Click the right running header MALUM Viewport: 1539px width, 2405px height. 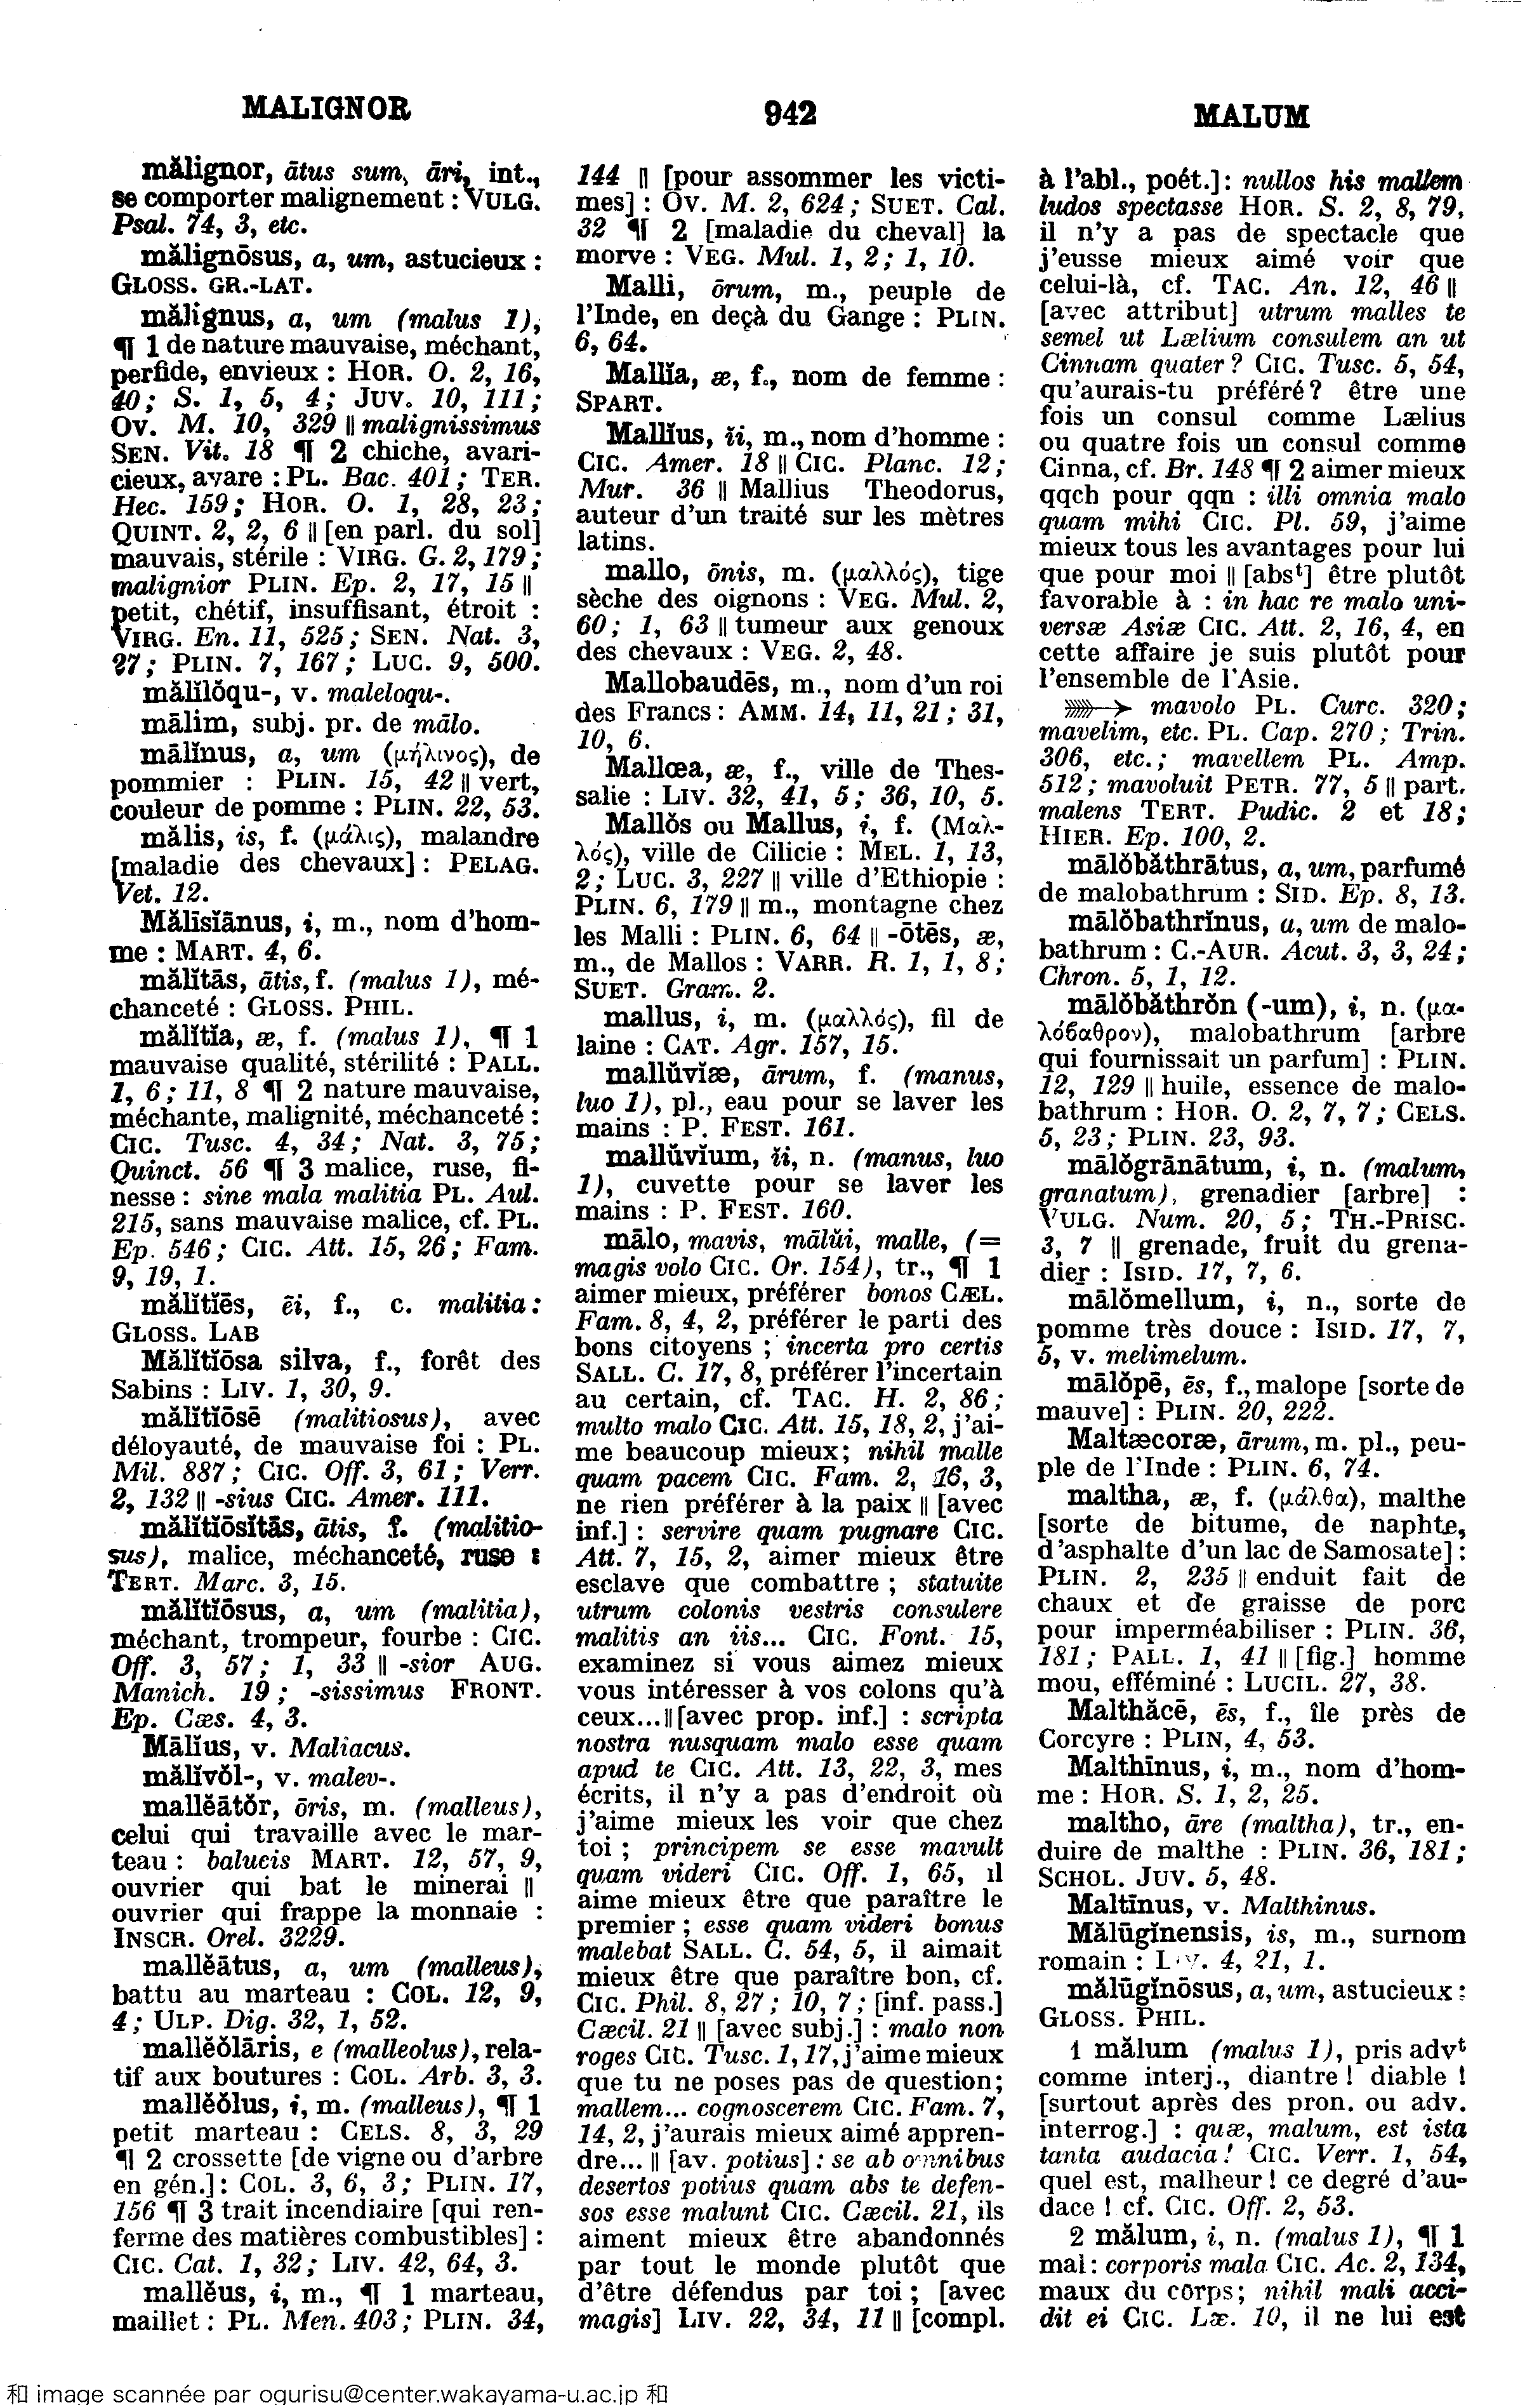[1250, 117]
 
